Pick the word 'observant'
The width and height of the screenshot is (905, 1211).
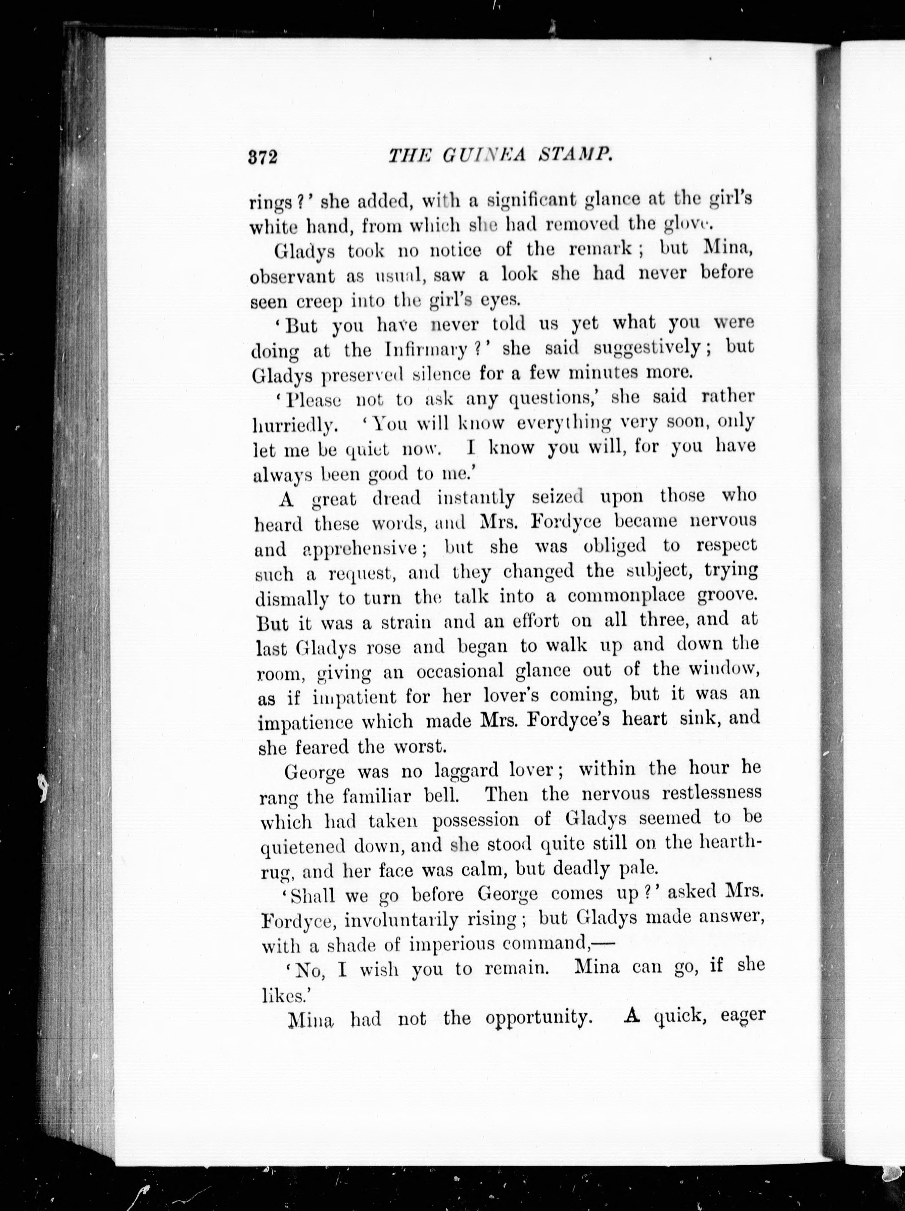point(292,276)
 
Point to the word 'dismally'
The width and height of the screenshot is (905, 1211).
point(292,599)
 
